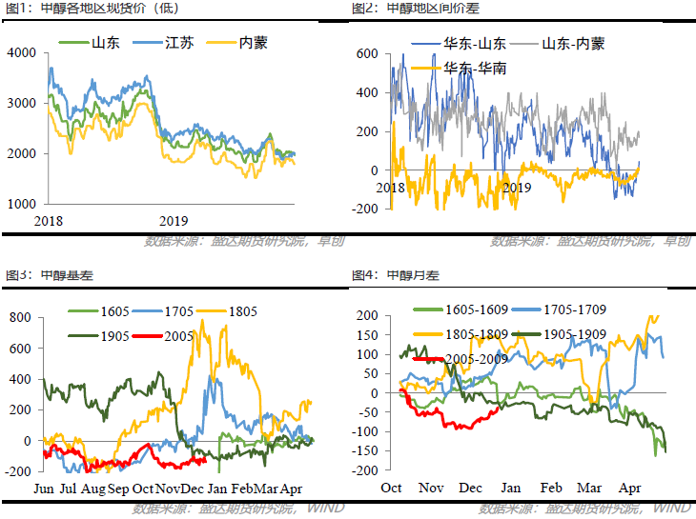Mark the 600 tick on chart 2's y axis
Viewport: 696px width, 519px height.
(x=368, y=54)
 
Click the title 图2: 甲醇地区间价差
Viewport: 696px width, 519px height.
(x=409, y=8)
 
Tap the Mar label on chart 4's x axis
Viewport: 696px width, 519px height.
(x=590, y=487)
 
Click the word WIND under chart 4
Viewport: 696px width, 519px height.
(x=672, y=509)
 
